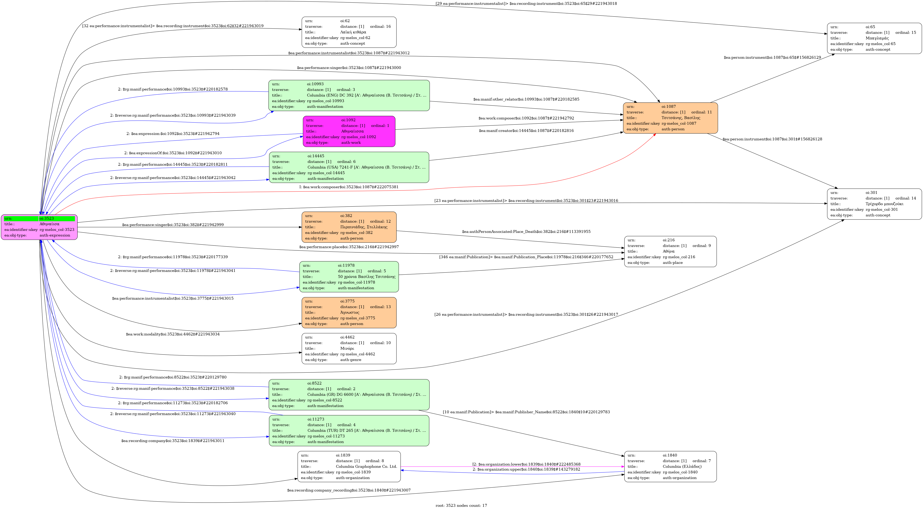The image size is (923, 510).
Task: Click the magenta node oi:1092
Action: pyautogui.click(x=349, y=131)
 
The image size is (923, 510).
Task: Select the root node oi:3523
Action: pyautogui.click(x=39, y=227)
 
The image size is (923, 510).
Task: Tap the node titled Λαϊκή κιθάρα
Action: pyautogui.click(x=349, y=32)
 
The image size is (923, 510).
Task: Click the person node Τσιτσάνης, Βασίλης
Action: pyautogui.click(x=670, y=118)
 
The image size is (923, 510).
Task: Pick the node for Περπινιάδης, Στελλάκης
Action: pyautogui.click(x=349, y=227)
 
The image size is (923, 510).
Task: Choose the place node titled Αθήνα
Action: pyautogui.click(x=670, y=251)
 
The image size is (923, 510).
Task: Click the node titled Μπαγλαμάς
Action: pyautogui.click(x=874, y=38)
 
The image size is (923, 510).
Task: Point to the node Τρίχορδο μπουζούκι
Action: pyautogui.click(x=874, y=204)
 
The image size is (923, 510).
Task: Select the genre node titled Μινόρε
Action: pyautogui.click(x=349, y=348)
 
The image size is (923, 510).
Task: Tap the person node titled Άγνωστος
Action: pyautogui.click(x=349, y=313)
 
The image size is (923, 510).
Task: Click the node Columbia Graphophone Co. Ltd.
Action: pyautogui.click(x=349, y=466)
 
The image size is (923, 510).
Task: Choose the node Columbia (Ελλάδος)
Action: pyautogui.click(x=670, y=466)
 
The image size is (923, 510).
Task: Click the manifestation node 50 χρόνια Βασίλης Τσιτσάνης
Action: pyautogui.click(x=349, y=277)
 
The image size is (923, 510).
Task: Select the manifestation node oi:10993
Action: pyautogui.click(x=349, y=95)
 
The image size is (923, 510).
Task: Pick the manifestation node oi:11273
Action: pyautogui.click(x=349, y=430)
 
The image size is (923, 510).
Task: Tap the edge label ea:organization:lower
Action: pyautogui.click(x=526, y=464)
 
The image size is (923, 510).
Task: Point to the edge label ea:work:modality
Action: pyautogui.click(x=173, y=334)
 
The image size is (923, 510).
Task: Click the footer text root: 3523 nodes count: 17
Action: pyautogui.click(x=461, y=505)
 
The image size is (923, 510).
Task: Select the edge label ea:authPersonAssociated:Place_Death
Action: pyautogui.click(x=526, y=231)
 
